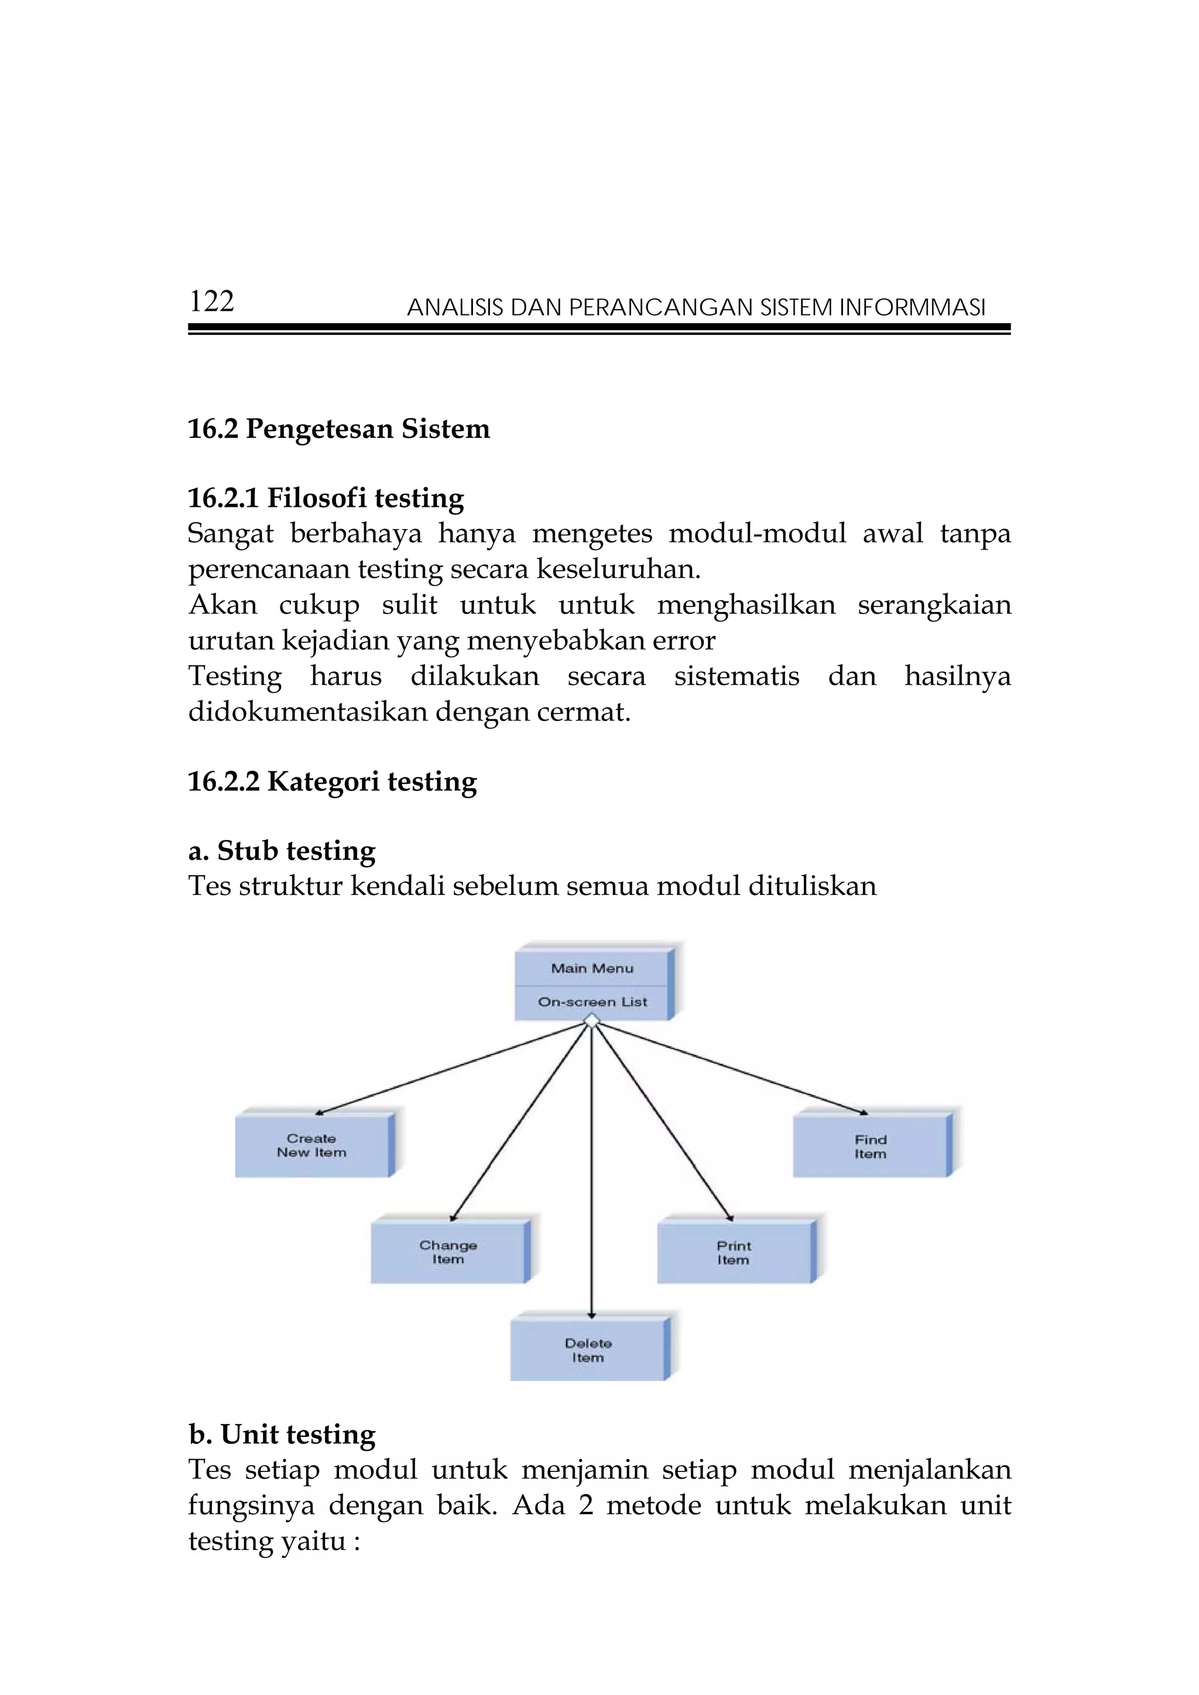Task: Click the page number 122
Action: [x=211, y=301]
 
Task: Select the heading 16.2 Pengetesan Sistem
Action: [x=339, y=429]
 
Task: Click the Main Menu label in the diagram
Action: [x=592, y=969]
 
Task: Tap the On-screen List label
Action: [x=592, y=1002]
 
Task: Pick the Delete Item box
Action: [x=588, y=1350]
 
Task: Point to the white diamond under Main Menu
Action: [x=591, y=1021]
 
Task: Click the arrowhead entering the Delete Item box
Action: [x=591, y=1315]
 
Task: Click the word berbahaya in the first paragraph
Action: [x=356, y=533]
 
